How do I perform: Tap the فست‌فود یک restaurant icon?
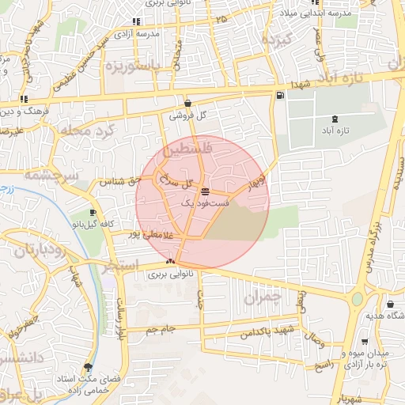(x=206, y=191)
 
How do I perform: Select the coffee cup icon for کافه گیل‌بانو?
(x=94, y=213)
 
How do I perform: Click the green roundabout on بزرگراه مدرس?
(x=358, y=299)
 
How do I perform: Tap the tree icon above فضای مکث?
(x=88, y=366)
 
